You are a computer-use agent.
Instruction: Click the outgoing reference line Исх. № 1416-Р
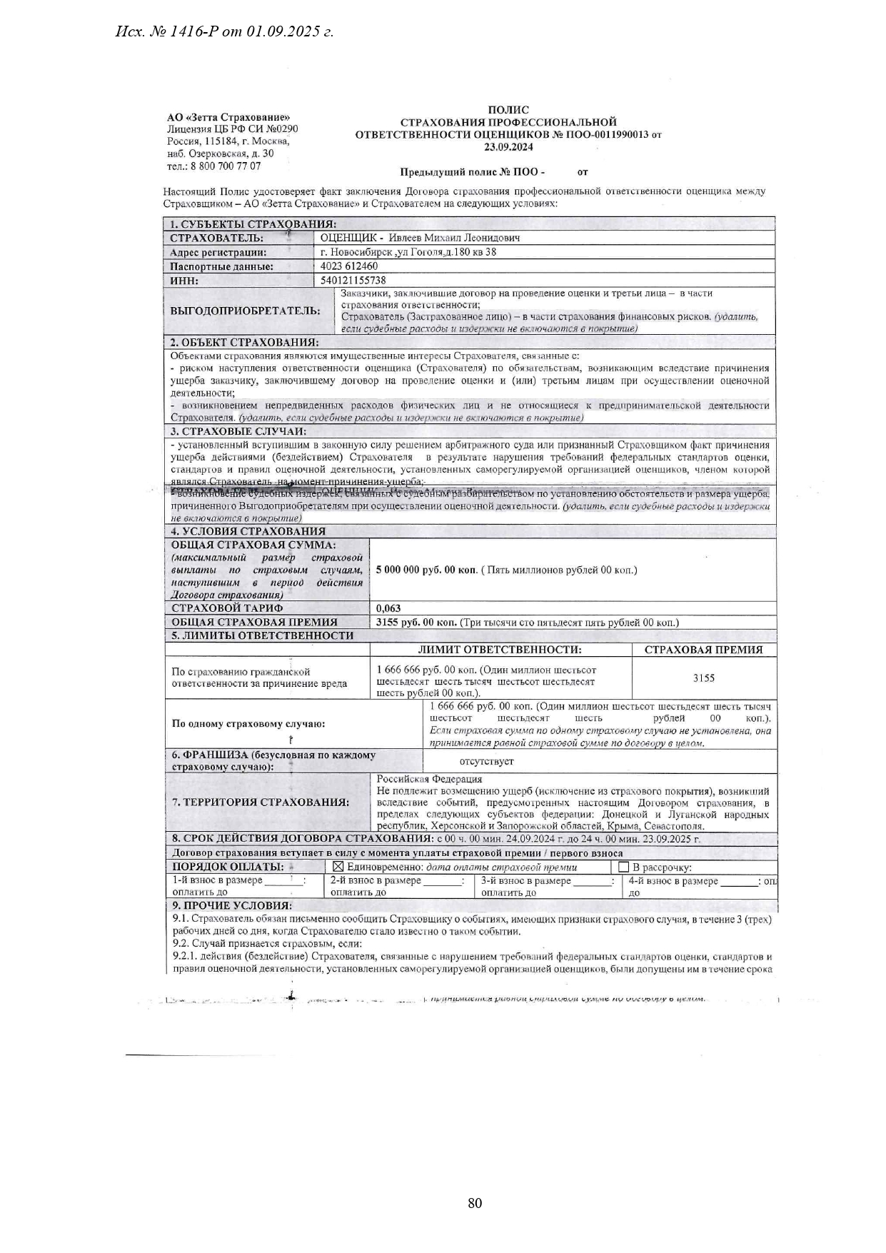point(225,31)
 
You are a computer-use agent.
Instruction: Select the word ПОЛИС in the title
point(508,110)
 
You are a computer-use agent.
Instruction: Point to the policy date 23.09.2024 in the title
point(508,147)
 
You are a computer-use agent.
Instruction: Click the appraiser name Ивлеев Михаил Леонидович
point(454,238)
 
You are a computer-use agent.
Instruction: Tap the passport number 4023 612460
point(349,266)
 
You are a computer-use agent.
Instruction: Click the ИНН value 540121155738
point(353,281)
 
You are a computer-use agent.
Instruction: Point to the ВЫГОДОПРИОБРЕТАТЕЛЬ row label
point(245,311)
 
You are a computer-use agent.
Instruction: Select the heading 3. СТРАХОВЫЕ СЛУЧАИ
point(238,431)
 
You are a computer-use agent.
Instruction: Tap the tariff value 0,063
point(388,608)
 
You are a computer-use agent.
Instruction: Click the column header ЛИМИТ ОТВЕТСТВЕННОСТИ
point(500,650)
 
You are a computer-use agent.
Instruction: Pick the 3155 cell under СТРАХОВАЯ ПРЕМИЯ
point(703,678)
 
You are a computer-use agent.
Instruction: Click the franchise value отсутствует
point(486,761)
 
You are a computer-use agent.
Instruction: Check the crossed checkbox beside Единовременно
point(338,867)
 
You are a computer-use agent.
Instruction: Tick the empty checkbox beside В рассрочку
point(623,867)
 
